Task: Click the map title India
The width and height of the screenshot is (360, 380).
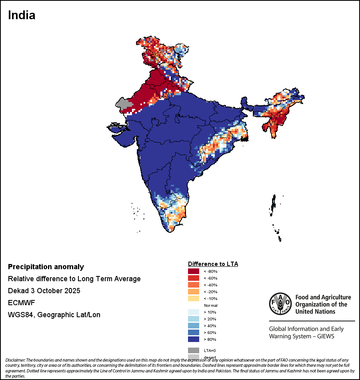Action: tap(22, 15)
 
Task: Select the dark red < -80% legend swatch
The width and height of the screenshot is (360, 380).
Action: tap(194, 271)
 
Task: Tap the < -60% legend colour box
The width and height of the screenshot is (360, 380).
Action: tap(194, 278)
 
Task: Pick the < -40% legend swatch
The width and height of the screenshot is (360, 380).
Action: tap(194, 285)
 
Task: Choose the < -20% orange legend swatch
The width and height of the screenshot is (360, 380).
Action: tap(194, 292)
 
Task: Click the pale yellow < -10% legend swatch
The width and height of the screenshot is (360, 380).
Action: tap(194, 298)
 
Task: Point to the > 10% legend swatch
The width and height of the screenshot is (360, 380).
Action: tap(194, 312)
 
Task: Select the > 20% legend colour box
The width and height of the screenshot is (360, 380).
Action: tap(194, 319)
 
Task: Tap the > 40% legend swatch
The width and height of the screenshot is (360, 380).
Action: tap(194, 326)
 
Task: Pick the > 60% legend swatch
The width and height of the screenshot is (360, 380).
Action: tap(194, 332)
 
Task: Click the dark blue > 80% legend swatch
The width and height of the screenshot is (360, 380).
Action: tap(194, 339)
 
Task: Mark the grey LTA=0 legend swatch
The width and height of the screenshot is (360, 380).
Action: tap(194, 350)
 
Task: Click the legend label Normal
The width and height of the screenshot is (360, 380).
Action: tap(210, 305)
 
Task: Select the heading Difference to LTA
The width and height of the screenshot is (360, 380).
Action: tap(213, 264)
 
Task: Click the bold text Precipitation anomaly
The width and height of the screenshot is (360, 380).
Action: tap(46, 267)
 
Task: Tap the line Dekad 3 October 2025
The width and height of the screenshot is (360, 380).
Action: tap(44, 291)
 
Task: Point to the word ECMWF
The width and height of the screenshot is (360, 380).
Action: tap(21, 303)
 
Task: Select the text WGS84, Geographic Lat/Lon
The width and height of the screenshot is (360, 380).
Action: tap(54, 315)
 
